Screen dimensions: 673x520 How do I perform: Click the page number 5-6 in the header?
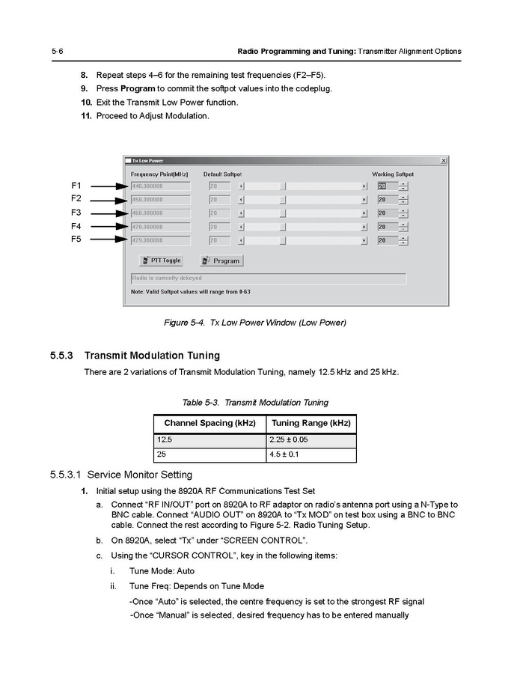(57, 51)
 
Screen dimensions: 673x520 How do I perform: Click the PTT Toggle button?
(162, 261)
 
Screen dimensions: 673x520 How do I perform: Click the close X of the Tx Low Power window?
(443, 160)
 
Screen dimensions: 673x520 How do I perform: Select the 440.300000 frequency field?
(160, 186)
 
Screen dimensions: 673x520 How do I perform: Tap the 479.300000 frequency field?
(160, 240)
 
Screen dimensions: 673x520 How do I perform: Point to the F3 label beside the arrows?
(76, 213)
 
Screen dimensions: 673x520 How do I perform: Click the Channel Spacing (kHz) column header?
(209, 424)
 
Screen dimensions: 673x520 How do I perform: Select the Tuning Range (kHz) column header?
(311, 424)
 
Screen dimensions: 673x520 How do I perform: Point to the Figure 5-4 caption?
(255, 323)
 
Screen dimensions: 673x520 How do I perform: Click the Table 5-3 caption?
(255, 403)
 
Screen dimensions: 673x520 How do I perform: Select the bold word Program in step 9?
(138, 88)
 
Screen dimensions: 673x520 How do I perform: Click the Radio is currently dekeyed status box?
(268, 278)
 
